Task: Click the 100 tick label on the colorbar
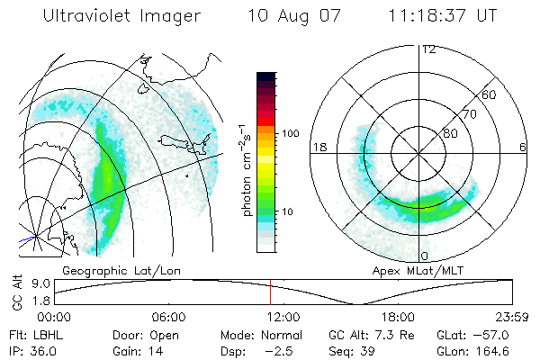click(x=289, y=133)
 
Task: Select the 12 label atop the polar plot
click(x=428, y=49)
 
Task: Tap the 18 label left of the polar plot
click(x=319, y=146)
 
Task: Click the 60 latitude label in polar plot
click(x=490, y=94)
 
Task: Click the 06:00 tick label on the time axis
click(x=169, y=317)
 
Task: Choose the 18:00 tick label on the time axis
click(x=398, y=317)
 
